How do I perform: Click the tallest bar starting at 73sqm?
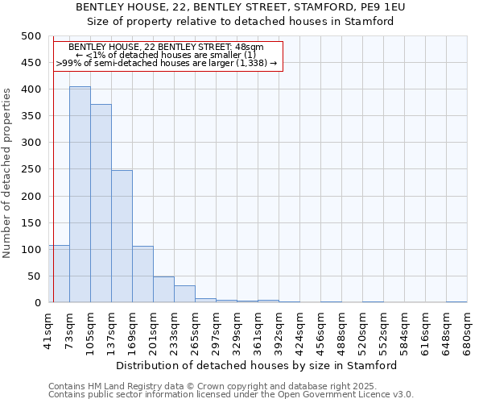80,194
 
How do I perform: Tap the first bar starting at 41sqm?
59,274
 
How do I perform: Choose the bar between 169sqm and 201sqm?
142,274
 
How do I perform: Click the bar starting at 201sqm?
163,289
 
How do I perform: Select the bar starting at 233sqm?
184,294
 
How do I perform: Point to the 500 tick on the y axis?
31,36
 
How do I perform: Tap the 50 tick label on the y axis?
34,276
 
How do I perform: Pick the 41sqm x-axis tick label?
48,326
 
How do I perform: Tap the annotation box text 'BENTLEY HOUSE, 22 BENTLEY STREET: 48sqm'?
167,48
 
